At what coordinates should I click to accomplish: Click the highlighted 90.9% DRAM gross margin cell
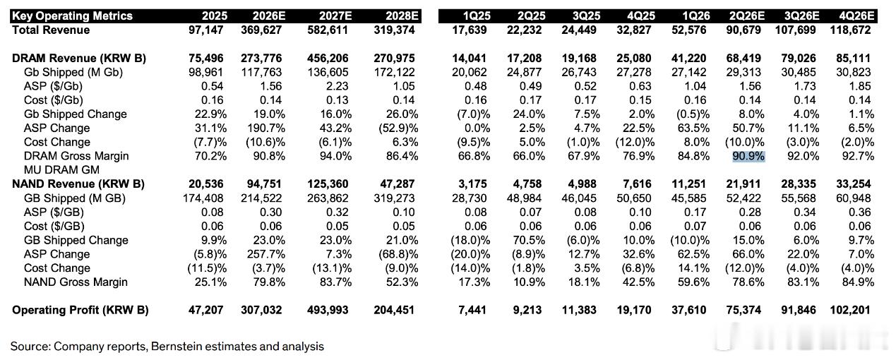click(748, 156)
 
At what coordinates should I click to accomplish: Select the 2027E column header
click(335, 16)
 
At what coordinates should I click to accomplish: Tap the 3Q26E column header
click(801, 16)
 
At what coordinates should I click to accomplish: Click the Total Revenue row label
click(51, 30)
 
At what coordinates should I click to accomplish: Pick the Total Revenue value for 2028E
click(394, 30)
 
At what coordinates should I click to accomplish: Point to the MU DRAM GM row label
click(61, 170)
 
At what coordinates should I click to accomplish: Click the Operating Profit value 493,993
click(328, 310)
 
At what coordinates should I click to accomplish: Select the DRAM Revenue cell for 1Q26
click(688, 59)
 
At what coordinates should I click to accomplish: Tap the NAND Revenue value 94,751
click(261, 184)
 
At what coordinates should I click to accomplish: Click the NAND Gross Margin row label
click(76, 282)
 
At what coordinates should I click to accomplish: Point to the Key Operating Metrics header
click(72, 16)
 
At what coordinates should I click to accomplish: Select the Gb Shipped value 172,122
click(394, 73)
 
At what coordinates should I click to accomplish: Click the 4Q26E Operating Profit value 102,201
click(850, 310)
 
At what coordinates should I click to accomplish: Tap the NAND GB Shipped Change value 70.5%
click(529, 240)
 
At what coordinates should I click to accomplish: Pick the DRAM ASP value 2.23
click(337, 86)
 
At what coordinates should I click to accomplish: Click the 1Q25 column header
click(477, 16)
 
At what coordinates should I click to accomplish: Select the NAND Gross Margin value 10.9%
click(529, 282)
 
